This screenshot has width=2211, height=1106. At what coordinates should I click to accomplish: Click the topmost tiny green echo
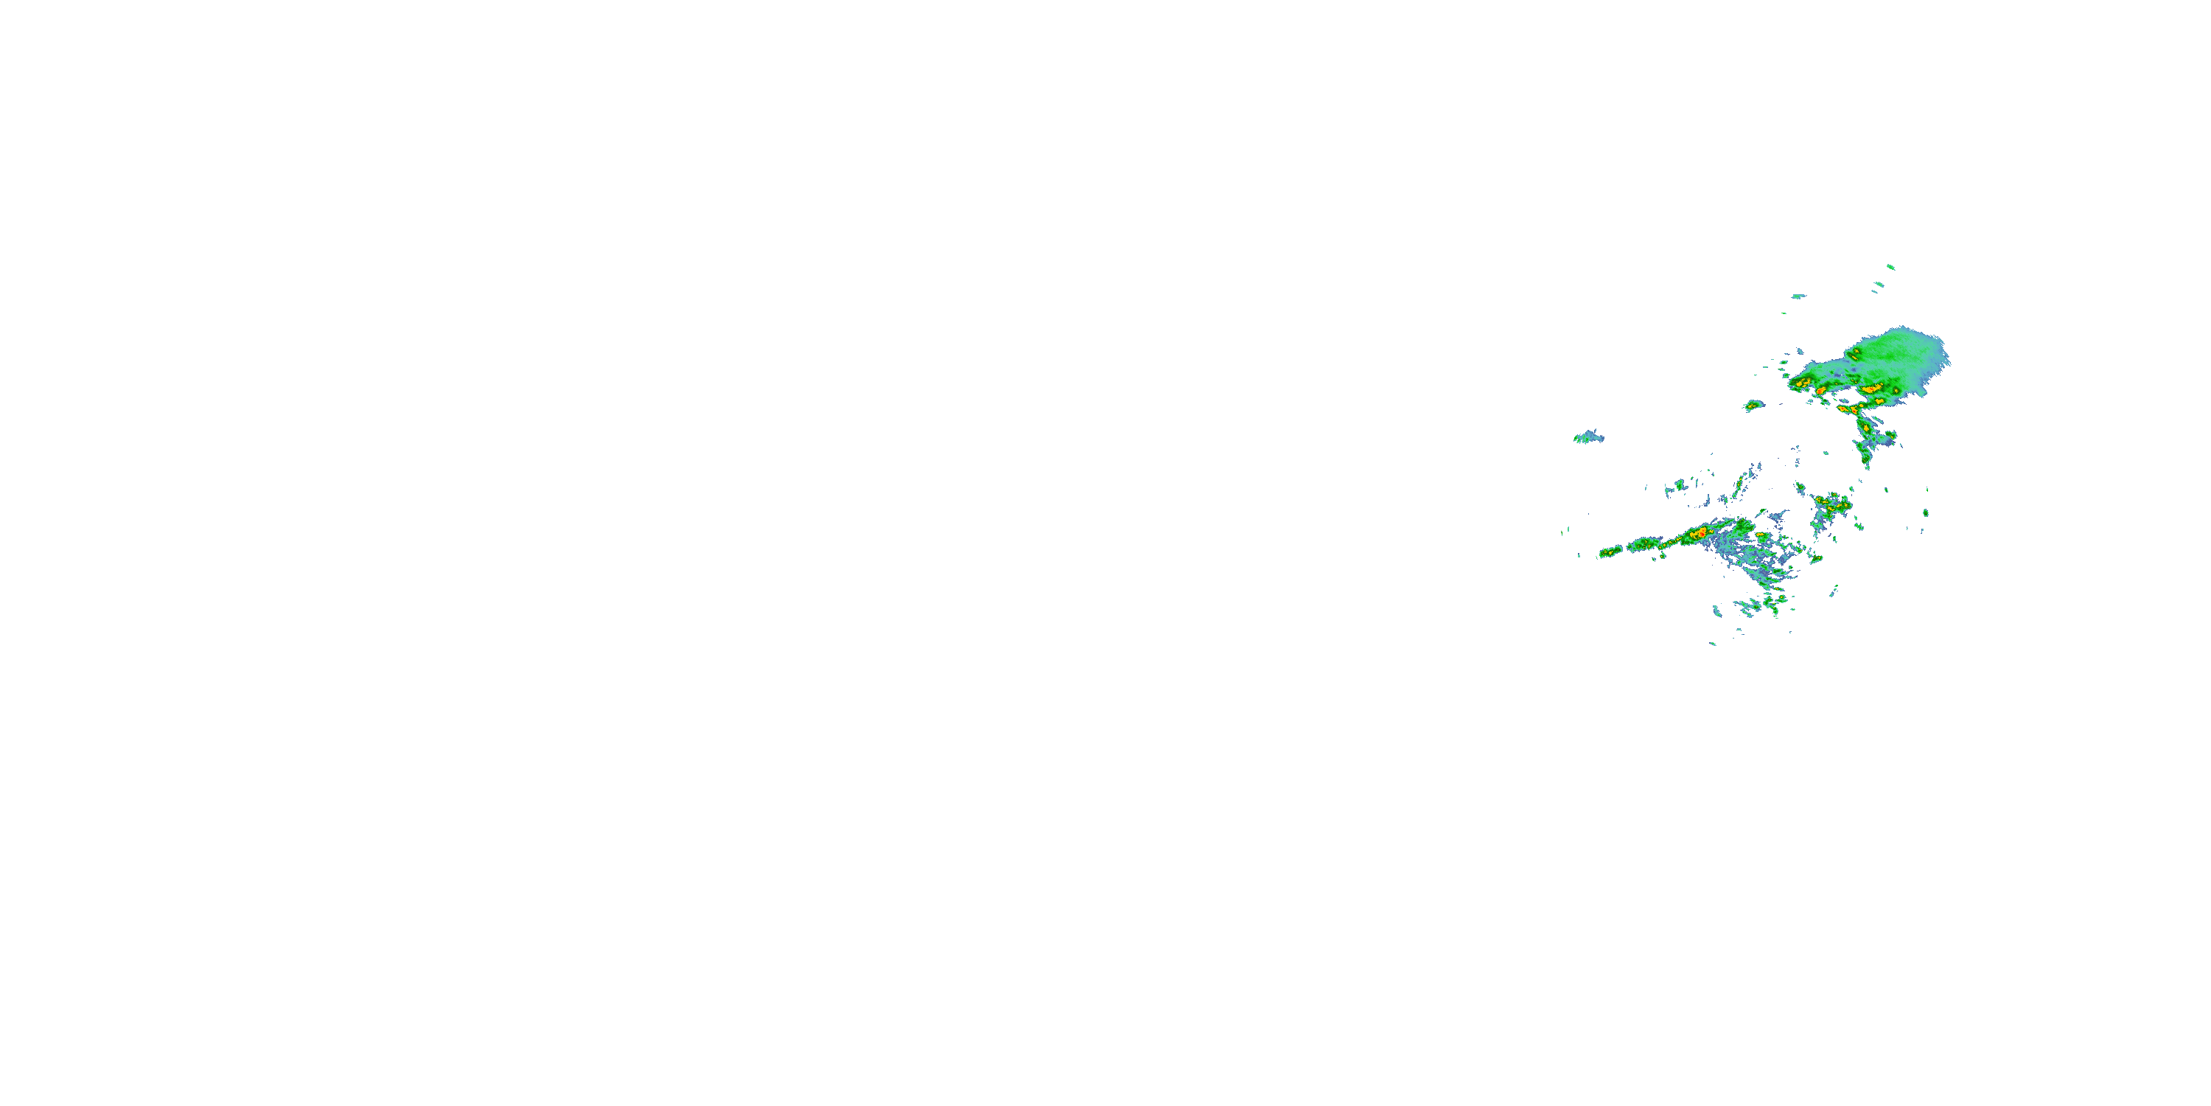pos(1890,267)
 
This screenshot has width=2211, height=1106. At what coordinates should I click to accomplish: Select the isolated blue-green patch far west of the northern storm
pos(1588,437)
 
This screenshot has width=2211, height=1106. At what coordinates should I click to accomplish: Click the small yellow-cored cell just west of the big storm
pos(1753,405)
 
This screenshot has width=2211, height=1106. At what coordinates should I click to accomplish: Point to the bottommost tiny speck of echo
pos(1712,643)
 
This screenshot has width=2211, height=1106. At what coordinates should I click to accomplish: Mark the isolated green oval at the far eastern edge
pos(1925,513)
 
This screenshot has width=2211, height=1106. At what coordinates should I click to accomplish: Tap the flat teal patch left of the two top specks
pos(1798,296)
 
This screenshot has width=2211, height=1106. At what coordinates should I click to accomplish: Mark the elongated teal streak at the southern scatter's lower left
pos(1717,611)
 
